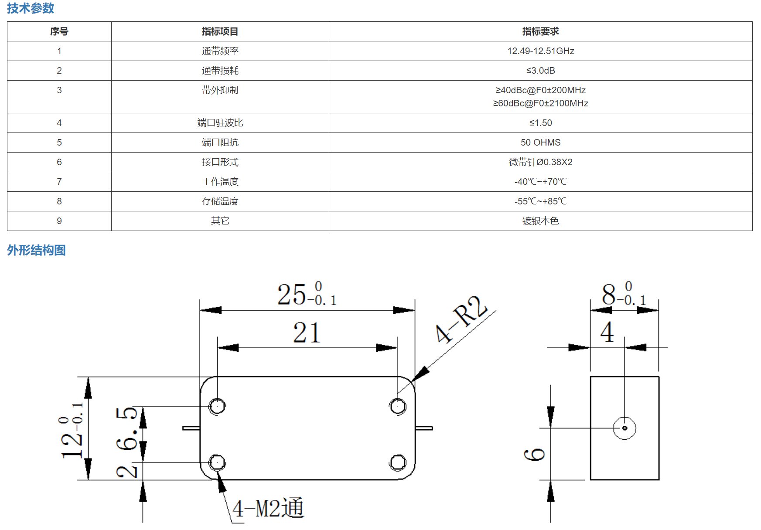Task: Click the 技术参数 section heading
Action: click(x=31, y=8)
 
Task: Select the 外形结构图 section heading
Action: click(x=36, y=250)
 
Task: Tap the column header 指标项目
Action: click(x=220, y=31)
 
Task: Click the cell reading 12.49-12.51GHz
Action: click(x=540, y=51)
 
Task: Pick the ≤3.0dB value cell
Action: click(x=540, y=71)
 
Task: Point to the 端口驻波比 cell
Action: click(x=220, y=123)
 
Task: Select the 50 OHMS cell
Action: click(x=540, y=143)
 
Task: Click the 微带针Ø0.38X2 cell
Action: click(x=540, y=162)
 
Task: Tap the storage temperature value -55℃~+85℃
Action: click(x=540, y=201)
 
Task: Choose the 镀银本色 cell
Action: click(x=540, y=221)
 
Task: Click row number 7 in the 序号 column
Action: click(x=59, y=182)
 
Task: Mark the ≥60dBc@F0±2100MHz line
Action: click(x=540, y=103)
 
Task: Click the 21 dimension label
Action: click(x=307, y=333)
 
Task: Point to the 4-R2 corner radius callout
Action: click(x=461, y=319)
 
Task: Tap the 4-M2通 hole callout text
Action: click(x=268, y=508)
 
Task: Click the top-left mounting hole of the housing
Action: click(x=217, y=406)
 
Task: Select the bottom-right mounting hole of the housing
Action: click(x=398, y=462)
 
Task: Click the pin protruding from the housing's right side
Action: click(x=424, y=428)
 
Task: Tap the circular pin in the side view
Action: click(x=624, y=428)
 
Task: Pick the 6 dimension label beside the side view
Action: click(x=534, y=454)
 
